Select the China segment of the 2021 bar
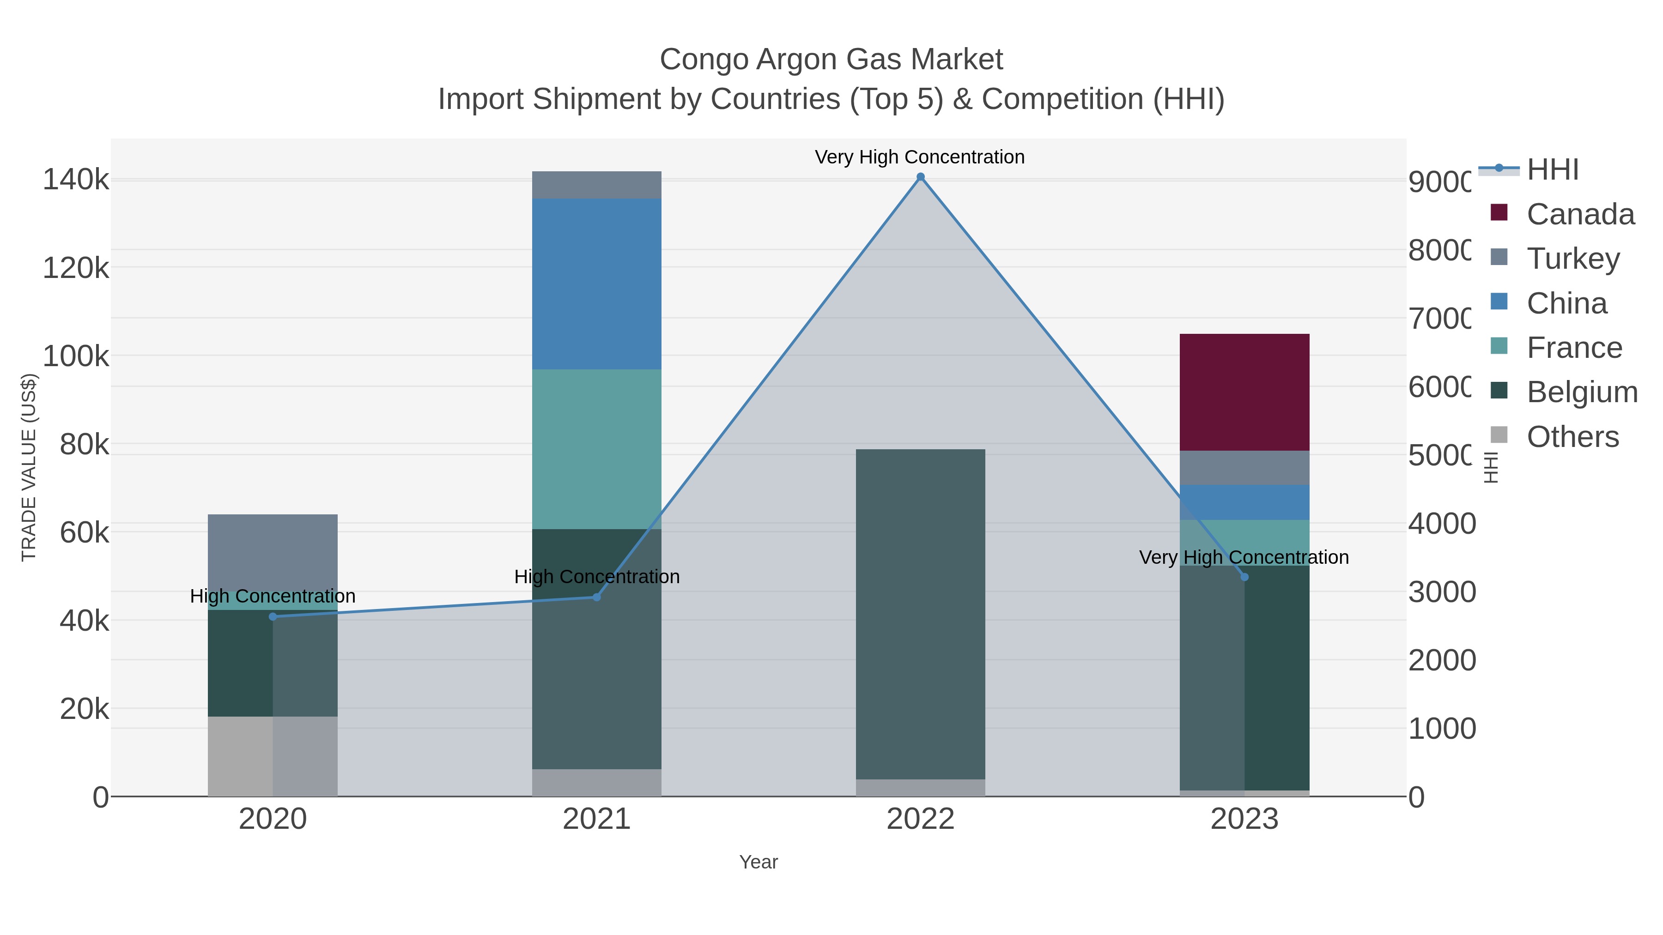coord(596,284)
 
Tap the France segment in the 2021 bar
coord(596,449)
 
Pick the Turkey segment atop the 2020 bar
coord(273,552)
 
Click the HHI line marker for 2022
coord(921,177)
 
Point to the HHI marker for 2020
coord(273,617)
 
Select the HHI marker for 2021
coord(596,597)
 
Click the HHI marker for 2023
coord(1244,577)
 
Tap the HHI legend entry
coord(1552,170)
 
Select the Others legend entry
coord(1572,437)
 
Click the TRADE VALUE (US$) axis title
coord(29,467)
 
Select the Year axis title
coord(759,862)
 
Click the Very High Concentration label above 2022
coord(919,157)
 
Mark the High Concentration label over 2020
coord(273,596)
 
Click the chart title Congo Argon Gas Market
coord(831,60)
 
